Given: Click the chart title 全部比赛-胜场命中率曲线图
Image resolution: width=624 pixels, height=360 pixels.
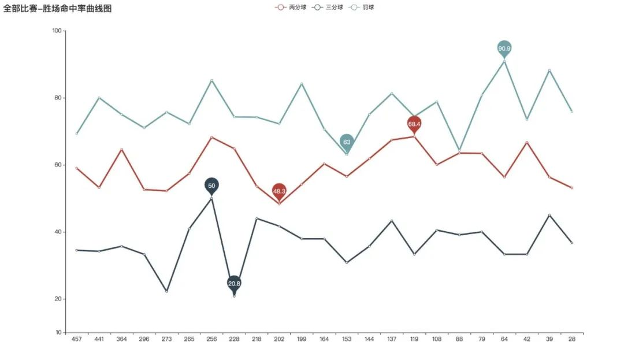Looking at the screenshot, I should (x=57, y=9).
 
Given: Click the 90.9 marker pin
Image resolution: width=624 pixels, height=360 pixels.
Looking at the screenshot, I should (x=504, y=49).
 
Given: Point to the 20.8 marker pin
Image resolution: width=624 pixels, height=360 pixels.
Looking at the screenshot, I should (x=234, y=283).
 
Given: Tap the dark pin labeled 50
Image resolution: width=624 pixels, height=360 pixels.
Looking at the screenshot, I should (x=211, y=185).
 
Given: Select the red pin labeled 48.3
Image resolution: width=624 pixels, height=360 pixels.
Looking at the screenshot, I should (x=279, y=191).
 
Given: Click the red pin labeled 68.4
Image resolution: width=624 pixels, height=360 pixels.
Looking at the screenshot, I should (x=414, y=124).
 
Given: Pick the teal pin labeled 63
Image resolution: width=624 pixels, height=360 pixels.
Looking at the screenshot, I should (x=347, y=142).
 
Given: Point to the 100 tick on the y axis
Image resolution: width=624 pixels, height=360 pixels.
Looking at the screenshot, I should (x=57, y=31).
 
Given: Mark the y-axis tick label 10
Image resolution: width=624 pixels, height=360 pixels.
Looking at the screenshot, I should (x=58, y=333).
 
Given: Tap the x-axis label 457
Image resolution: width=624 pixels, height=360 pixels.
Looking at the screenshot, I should (x=76, y=339).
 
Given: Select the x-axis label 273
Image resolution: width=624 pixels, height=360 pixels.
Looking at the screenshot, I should (x=166, y=339).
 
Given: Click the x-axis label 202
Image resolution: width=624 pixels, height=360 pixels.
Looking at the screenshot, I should (x=279, y=339).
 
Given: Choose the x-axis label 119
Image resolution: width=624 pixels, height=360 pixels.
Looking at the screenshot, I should (x=414, y=339).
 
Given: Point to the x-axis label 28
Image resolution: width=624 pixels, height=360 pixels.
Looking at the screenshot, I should (x=572, y=339).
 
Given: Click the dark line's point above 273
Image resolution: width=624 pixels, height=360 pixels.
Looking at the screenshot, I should (x=166, y=291).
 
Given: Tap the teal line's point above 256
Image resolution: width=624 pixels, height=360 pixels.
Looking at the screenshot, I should (x=211, y=80).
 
